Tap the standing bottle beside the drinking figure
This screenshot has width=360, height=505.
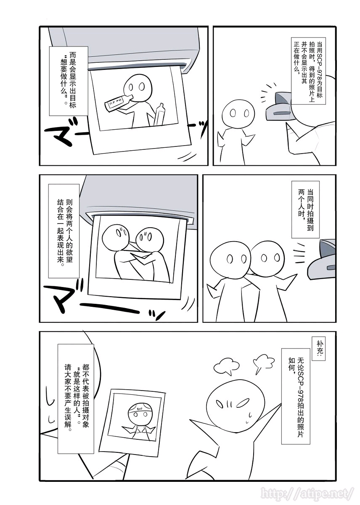[159, 114]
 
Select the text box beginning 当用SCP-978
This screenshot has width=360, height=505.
[309, 70]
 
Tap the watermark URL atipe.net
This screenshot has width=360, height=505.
[307, 493]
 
